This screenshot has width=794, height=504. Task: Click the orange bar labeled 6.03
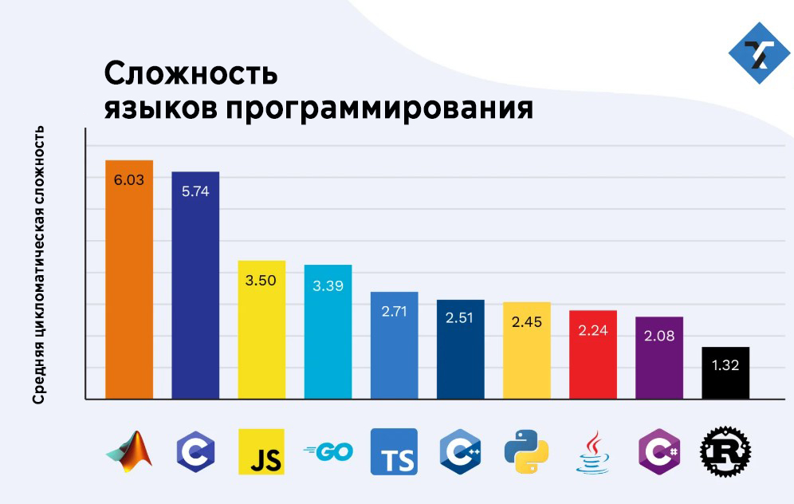pos(129,279)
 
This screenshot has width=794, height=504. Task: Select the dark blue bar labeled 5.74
pos(195,285)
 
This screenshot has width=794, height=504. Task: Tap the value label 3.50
pos(261,280)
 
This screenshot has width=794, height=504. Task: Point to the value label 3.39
pos(328,285)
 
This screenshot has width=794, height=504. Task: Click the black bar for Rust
pos(725,372)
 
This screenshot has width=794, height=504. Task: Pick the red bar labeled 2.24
pos(592,354)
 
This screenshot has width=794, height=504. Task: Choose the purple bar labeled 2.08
pos(658,357)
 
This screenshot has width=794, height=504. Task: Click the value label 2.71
pos(394,312)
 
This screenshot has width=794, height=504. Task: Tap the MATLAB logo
pos(129,451)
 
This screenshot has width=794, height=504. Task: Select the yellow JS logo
pos(261,452)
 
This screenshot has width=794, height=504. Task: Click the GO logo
pos(328,452)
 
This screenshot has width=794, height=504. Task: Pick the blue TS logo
pos(394,452)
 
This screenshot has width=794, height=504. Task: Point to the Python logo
pos(526,452)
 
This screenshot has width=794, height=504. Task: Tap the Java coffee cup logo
pos(592,452)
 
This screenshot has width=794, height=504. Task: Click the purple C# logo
pos(658,452)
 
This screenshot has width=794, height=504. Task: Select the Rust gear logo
pos(725,452)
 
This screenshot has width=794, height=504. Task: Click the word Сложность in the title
pos(191,73)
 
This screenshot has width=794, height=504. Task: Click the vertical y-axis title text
pos(38,265)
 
